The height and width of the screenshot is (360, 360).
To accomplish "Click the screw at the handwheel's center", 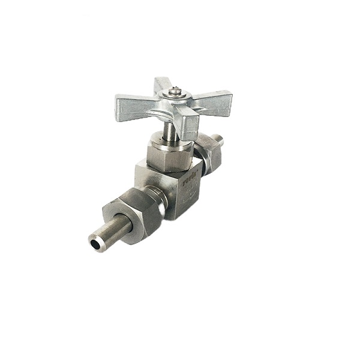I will (x=174, y=91).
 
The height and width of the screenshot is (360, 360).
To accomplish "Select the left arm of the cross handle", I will (x=135, y=103).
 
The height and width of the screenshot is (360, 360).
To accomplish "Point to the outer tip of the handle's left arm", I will (x=119, y=103).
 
